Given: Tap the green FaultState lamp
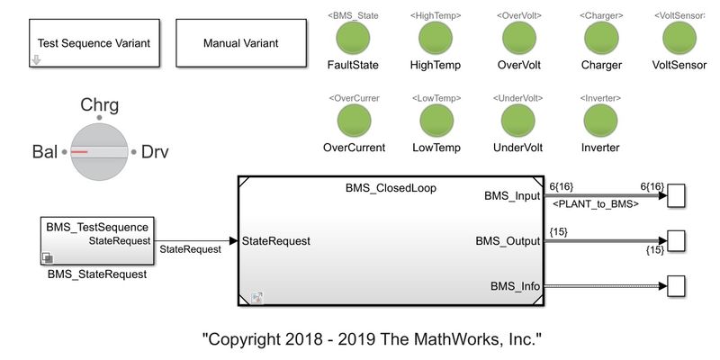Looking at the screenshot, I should (354, 38).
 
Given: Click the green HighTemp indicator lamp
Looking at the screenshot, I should (436, 38).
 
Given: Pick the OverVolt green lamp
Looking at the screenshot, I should (519, 38).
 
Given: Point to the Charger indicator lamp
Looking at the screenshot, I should (601, 38).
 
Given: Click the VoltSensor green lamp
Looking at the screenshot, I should (679, 38).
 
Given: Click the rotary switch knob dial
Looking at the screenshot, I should (99, 152).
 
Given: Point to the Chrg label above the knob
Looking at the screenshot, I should (99, 104).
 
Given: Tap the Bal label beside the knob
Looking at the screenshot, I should (44, 152).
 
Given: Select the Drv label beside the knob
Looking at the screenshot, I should (154, 152).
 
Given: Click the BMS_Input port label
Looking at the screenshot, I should (511, 195).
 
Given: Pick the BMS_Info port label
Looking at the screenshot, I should (515, 286).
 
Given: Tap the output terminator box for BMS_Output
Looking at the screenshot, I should (677, 240).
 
